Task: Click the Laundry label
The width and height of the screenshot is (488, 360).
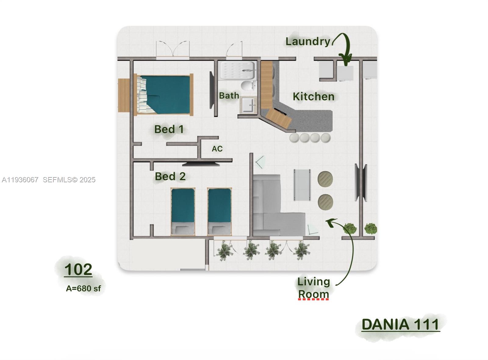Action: pyautogui.click(x=308, y=41)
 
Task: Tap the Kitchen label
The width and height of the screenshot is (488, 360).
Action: pyautogui.click(x=314, y=97)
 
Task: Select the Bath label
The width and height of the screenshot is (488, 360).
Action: pyautogui.click(x=229, y=96)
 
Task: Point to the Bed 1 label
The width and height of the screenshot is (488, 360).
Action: pyautogui.click(x=169, y=129)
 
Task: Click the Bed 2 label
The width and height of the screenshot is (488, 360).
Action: pyautogui.click(x=170, y=176)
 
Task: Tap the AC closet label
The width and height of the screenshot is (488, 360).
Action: pyautogui.click(x=217, y=149)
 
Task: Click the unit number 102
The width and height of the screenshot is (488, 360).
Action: pyautogui.click(x=78, y=269)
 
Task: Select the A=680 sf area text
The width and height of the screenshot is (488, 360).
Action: pyautogui.click(x=83, y=288)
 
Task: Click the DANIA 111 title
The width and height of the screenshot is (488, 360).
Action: pyautogui.click(x=400, y=325)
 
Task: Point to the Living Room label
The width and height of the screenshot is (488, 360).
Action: pyautogui.click(x=314, y=288)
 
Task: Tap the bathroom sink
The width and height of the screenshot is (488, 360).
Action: pyautogui.click(x=249, y=105)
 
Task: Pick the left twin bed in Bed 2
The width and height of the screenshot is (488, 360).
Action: pyautogui.click(x=183, y=212)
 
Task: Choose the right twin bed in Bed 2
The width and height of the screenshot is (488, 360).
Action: pyautogui.click(x=219, y=212)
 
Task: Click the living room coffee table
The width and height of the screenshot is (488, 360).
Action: pyautogui.click(x=302, y=185)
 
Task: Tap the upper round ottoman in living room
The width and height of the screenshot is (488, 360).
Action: pyautogui.click(x=325, y=179)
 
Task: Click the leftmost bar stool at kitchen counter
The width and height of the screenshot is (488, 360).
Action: pyautogui.click(x=295, y=138)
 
